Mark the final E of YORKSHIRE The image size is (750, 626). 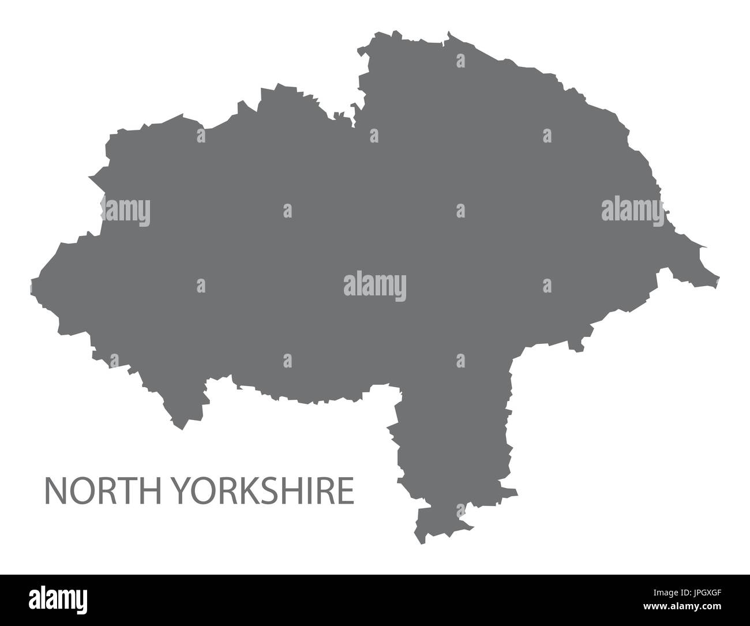click(347, 490)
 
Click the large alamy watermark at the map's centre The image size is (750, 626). click(374, 286)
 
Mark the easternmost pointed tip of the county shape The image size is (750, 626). click(719, 278)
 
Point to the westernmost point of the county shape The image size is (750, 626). click(31, 284)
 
